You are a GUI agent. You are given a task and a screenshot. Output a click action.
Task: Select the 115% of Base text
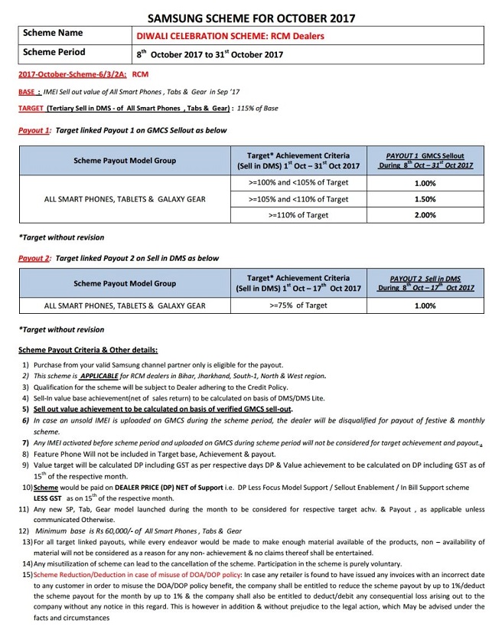tap(256, 109)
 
